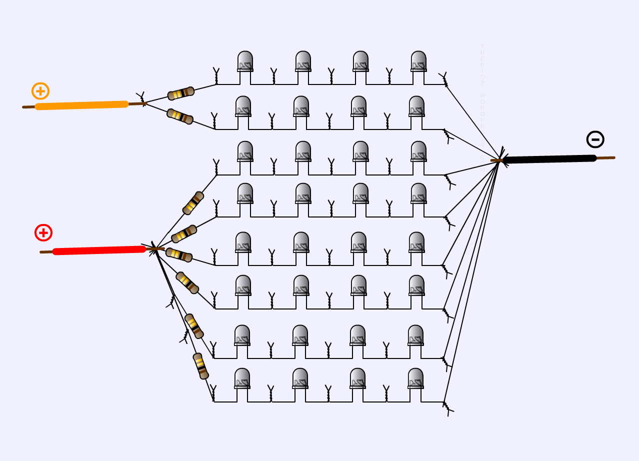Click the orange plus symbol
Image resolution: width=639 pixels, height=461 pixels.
tap(40, 91)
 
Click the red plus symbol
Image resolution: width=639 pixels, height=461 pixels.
tap(43, 232)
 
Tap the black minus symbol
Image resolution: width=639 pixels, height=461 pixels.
tap(595, 139)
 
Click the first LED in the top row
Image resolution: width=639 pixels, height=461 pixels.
tap(245, 61)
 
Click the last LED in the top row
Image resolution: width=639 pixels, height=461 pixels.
tap(418, 61)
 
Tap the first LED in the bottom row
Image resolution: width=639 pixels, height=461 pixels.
tap(242, 378)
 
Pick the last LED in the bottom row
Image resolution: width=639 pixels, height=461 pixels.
tap(415, 378)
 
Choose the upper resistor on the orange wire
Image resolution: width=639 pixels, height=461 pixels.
tap(181, 93)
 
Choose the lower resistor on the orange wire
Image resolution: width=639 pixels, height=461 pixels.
tap(180, 116)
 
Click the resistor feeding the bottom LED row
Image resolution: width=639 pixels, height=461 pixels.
tap(200, 366)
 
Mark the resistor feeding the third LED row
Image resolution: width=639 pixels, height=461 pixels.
tap(193, 203)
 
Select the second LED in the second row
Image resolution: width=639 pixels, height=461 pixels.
tap(301, 106)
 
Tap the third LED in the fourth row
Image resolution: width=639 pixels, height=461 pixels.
tap(360, 193)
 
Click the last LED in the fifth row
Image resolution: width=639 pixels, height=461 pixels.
tap(416, 242)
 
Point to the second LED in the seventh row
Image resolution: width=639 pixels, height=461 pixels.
tap(300, 335)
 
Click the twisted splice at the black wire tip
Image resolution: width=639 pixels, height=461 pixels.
tap(500, 159)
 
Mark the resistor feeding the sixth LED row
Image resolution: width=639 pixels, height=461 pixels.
tap(187, 282)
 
